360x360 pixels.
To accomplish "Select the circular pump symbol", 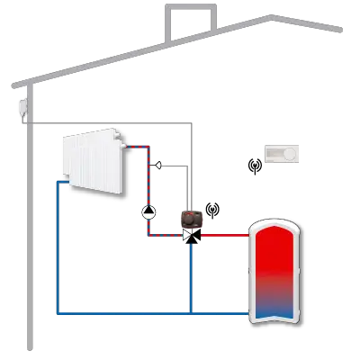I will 148,212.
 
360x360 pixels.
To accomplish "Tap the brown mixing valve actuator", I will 192,217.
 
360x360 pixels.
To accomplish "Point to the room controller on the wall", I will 278,154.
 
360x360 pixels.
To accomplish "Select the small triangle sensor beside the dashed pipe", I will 157,165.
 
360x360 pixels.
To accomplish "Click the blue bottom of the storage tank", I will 275,310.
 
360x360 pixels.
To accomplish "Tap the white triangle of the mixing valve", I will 186,235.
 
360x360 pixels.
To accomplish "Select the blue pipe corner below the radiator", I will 57,183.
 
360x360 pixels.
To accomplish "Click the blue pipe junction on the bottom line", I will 192,313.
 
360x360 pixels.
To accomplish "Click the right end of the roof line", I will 340,30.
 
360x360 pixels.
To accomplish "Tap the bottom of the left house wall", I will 31,346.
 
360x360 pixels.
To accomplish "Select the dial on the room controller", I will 289,154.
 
